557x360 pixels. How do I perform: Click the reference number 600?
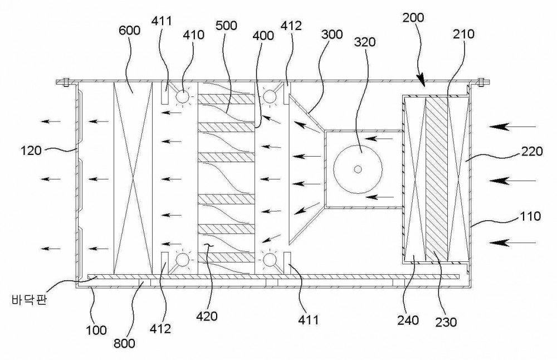click(129, 30)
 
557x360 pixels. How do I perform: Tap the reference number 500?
click(226, 26)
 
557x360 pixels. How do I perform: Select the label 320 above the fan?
click(364, 42)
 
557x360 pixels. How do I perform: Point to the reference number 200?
click(413, 17)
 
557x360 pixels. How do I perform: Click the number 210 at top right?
click(463, 34)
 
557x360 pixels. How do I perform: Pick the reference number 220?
click(532, 152)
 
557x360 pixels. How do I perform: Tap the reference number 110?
click(530, 216)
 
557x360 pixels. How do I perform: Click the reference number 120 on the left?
click(31, 150)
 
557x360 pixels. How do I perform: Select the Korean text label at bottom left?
click(29, 300)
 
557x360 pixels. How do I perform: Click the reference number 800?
click(124, 343)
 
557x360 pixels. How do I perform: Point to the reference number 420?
click(207, 316)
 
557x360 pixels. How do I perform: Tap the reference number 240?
click(408, 320)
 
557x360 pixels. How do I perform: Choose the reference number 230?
click(446, 322)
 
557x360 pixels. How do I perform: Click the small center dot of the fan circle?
click(358, 169)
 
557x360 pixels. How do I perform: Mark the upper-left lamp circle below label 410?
click(183, 96)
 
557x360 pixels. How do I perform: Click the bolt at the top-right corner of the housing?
click(481, 82)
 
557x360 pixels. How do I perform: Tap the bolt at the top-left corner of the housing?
click(66, 82)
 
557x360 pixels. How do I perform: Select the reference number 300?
click(332, 35)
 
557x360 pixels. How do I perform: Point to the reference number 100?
click(96, 330)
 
